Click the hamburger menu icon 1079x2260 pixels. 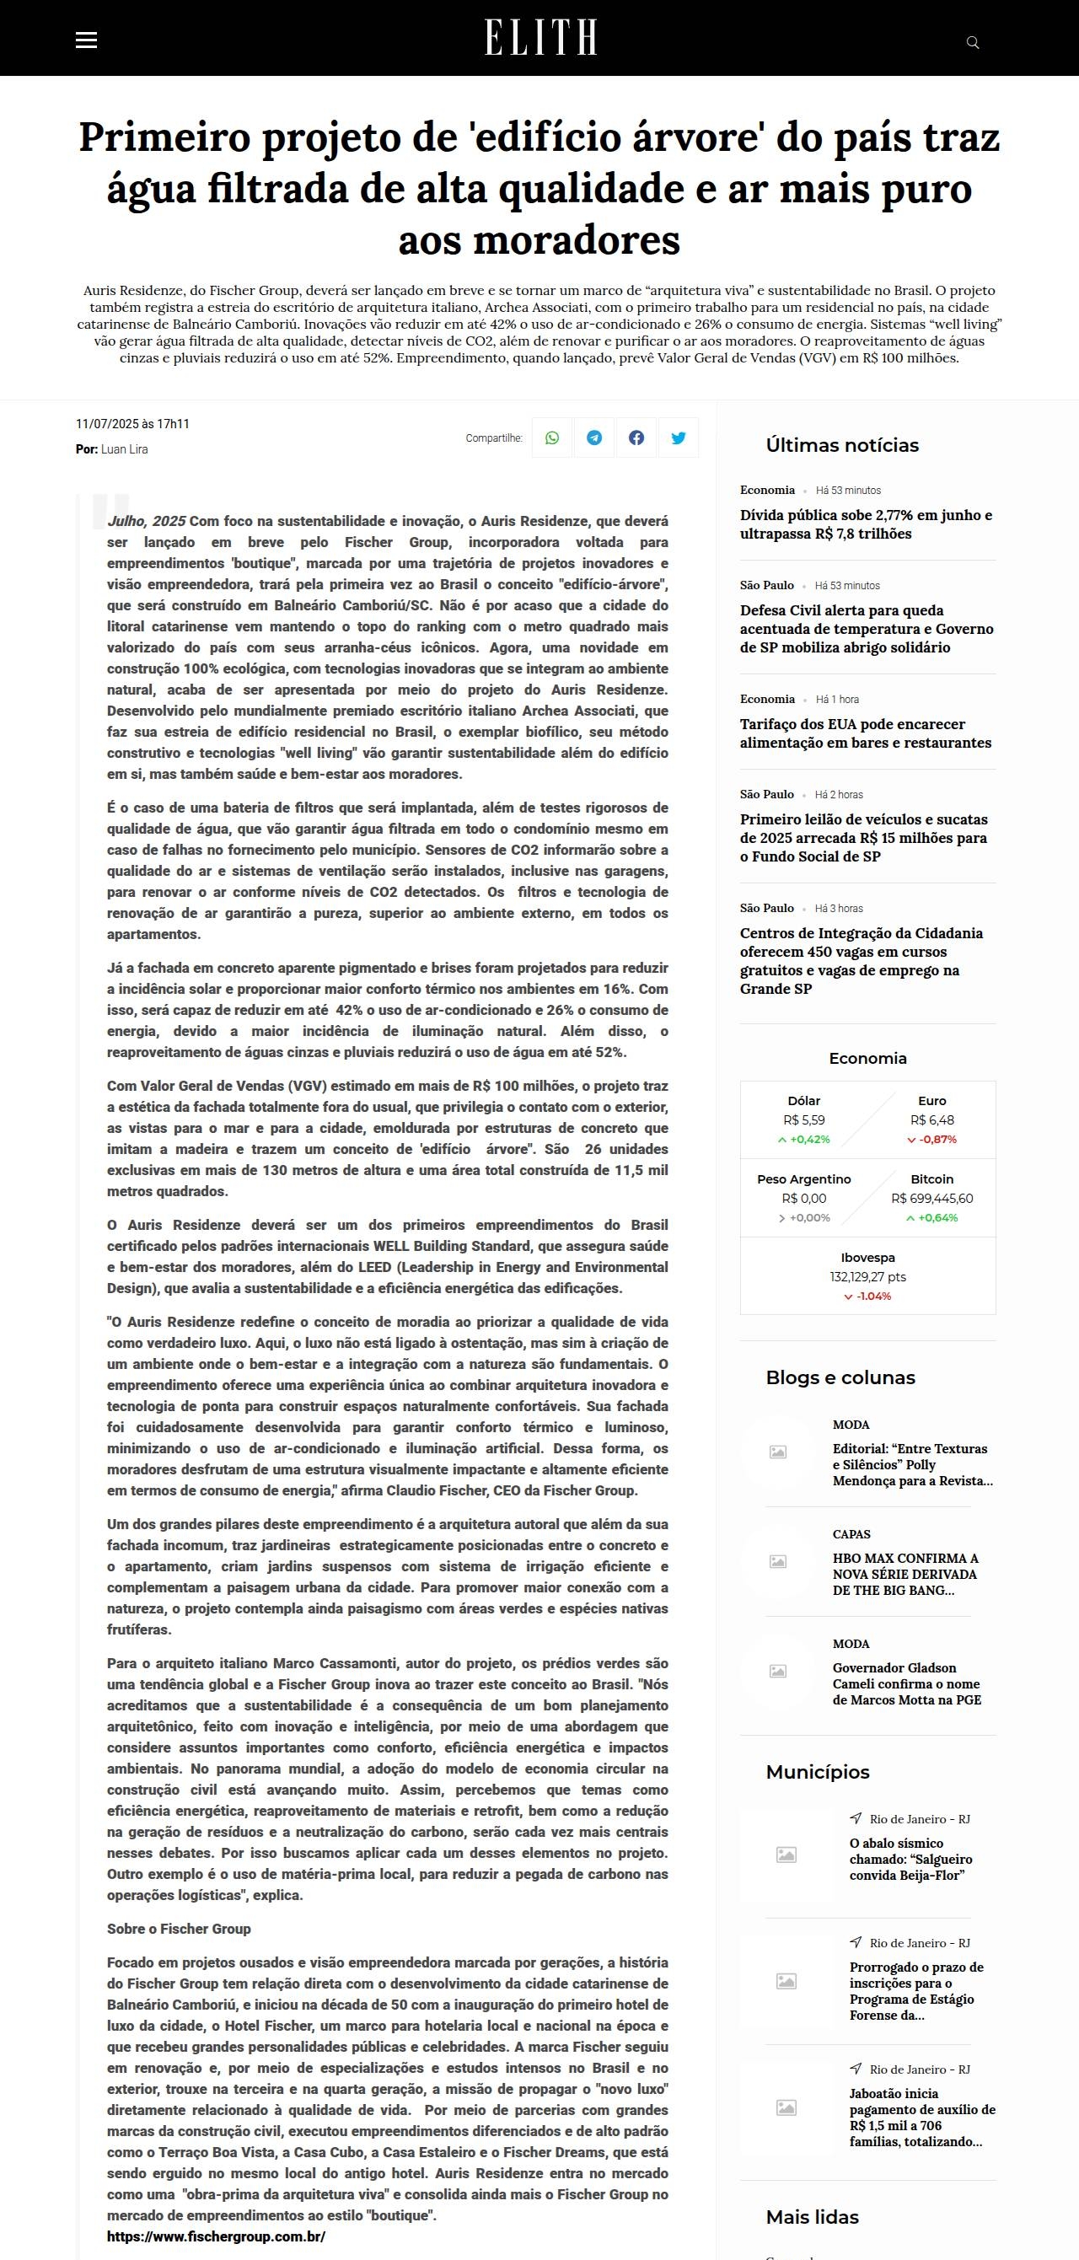tap(86, 40)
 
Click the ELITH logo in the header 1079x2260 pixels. tap(540, 38)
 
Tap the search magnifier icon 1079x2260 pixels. tap(972, 42)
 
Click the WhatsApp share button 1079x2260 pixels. tap(552, 438)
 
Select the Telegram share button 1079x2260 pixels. tap(594, 438)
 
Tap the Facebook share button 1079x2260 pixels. tap(636, 438)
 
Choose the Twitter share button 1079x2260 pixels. tap(678, 438)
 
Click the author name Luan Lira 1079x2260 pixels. tap(125, 449)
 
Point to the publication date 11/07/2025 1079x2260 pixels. tap(106, 424)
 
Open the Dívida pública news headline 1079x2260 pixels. tap(866, 524)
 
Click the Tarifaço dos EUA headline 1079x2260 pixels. tap(865, 733)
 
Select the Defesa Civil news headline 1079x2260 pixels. tap(866, 629)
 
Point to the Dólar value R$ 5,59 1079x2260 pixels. tap(803, 1120)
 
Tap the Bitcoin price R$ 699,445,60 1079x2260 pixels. tap(931, 1199)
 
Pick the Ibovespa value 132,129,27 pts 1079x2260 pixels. tap(867, 1277)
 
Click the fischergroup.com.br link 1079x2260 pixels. tap(216, 2236)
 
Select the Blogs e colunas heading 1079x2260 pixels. tap(840, 1377)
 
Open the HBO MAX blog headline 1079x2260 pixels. tap(905, 1574)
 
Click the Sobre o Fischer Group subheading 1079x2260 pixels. tap(179, 1929)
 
